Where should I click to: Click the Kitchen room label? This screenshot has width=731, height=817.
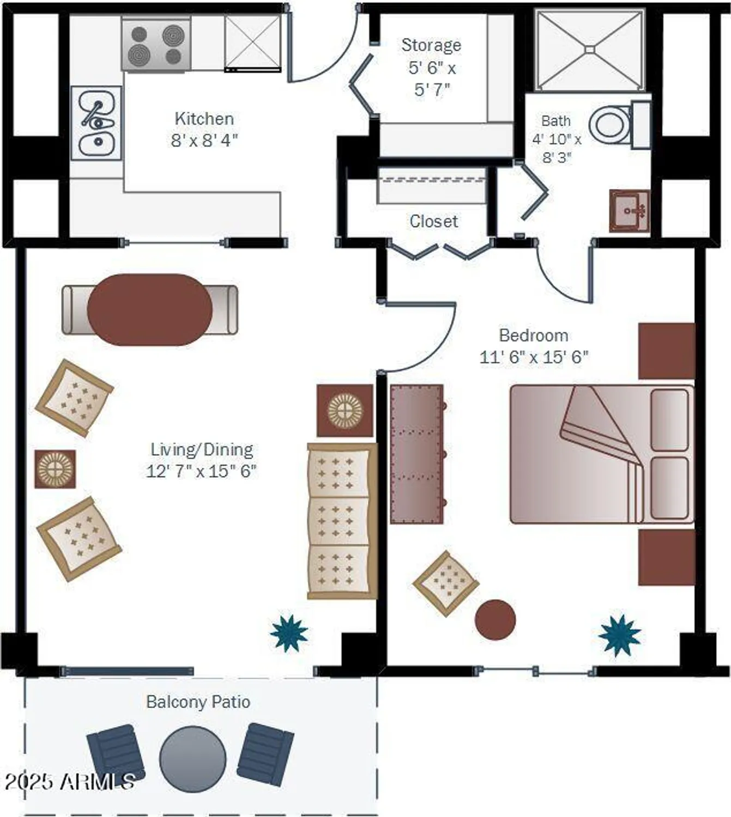coord(204,118)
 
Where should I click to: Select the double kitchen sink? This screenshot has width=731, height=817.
coord(96,123)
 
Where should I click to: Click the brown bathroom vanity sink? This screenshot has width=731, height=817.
coord(630,211)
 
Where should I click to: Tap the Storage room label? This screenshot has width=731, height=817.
coord(431,45)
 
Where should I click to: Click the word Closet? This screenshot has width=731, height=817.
coord(433,221)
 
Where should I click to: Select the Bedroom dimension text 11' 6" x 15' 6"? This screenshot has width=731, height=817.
coord(534,357)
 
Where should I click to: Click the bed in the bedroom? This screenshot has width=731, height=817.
coord(601,454)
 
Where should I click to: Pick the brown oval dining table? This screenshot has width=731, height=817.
coord(150,309)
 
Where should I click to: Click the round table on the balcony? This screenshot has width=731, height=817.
coord(193,759)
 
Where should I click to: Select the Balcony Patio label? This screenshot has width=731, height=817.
coord(198,702)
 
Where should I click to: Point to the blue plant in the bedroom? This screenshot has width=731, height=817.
coord(619,635)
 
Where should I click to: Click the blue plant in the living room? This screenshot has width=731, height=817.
coord(289,633)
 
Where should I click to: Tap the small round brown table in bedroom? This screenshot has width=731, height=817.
coord(495,620)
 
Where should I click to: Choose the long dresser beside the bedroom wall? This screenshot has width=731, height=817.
coord(417,454)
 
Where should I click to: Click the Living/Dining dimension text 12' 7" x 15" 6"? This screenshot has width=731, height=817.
coord(201,471)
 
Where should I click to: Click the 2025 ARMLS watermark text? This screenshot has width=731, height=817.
coord(70,782)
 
